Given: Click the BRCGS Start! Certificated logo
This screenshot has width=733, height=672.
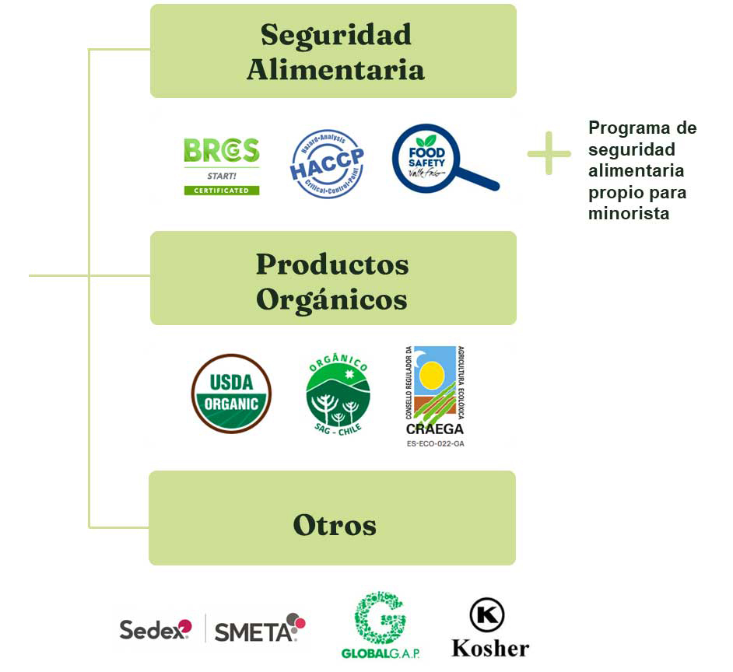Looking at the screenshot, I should pos(222,166).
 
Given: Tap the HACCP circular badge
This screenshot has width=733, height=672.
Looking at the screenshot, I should pos(327,163).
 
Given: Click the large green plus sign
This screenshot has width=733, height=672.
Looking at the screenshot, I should pos(549,152).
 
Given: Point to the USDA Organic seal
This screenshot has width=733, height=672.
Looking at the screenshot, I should pos(231,393).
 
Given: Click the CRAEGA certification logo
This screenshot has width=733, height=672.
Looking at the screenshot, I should pos(434,391).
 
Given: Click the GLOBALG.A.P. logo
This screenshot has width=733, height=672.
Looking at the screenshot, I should pos(381,625).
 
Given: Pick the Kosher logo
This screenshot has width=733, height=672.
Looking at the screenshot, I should pos(489,629).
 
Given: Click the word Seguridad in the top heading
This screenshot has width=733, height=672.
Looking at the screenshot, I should pos(335,35).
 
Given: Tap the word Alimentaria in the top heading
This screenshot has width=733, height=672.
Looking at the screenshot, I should pos(335,70).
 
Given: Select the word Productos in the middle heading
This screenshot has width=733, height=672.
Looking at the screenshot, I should pos(332,264).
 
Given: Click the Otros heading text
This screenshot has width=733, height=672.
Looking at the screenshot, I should pos(335,525).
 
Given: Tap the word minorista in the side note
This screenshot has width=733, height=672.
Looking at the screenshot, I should pos(629,213).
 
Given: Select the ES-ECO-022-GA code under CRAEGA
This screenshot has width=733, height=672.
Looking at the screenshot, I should pos(434,444).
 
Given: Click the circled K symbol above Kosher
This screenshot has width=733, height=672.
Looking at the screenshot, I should pos(487,614).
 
